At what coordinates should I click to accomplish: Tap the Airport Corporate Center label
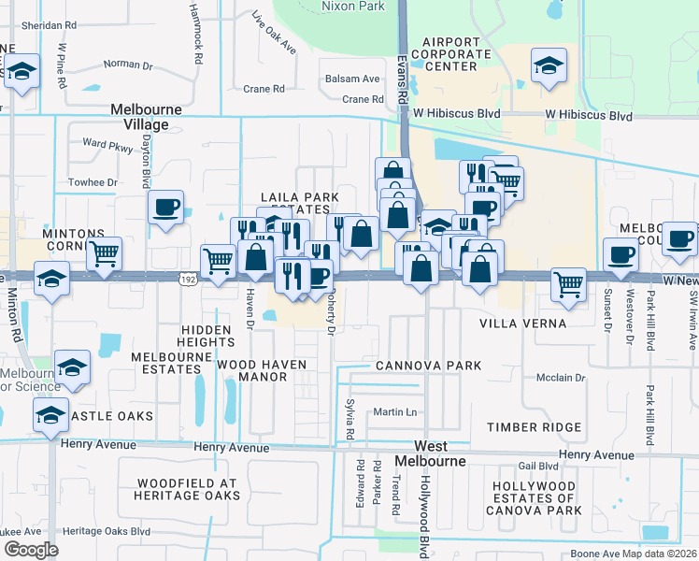[x=456, y=54]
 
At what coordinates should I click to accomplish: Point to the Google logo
[x=31, y=549]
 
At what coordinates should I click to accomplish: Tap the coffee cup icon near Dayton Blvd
[x=165, y=208]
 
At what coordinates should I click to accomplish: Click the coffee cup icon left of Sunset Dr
[x=620, y=252]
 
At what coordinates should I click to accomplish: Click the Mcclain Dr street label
[x=561, y=379]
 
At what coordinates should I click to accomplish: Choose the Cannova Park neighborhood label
[x=428, y=365]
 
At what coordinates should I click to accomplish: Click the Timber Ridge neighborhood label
[x=534, y=427]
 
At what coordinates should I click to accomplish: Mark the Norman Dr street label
[x=128, y=65]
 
